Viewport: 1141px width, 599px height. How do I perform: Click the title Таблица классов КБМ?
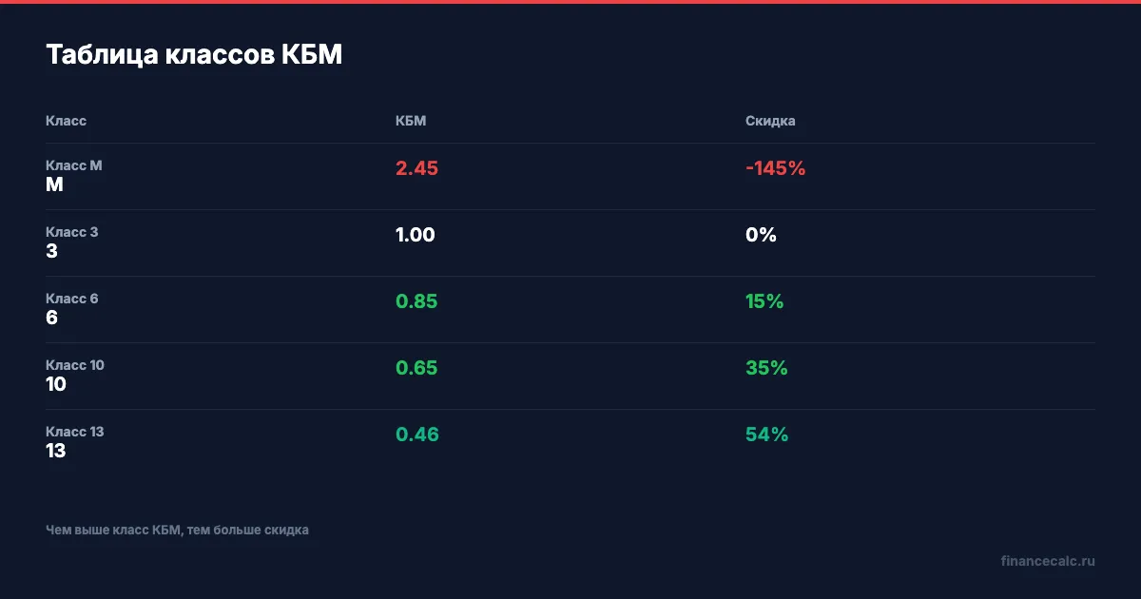pos(194,55)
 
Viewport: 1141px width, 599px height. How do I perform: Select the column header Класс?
pos(66,121)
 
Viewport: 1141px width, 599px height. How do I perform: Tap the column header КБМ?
pos(411,121)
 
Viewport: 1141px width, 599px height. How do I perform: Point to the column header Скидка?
pos(770,121)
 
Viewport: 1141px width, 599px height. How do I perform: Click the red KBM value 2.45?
pos(416,168)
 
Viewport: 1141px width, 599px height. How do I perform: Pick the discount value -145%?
pos(775,168)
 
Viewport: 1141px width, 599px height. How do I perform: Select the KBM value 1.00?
pos(416,235)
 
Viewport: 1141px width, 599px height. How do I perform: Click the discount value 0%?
pos(761,235)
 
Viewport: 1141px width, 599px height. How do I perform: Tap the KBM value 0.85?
pos(416,301)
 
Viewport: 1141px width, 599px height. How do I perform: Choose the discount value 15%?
pos(764,301)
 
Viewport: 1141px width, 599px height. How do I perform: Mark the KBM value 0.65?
pos(416,368)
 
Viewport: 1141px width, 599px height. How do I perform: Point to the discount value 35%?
pos(766,368)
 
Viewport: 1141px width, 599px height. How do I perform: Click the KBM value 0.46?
pos(417,435)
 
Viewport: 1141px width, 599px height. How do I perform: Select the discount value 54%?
pos(766,435)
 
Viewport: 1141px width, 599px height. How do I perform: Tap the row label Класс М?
pos(74,165)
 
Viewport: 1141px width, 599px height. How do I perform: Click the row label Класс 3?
pos(72,232)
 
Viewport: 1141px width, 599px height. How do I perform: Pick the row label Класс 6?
pos(72,299)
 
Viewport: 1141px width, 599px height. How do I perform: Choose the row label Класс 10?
pos(75,365)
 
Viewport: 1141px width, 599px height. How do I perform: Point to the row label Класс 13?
pos(75,432)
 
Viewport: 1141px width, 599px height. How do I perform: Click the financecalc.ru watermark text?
pos(1048,561)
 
